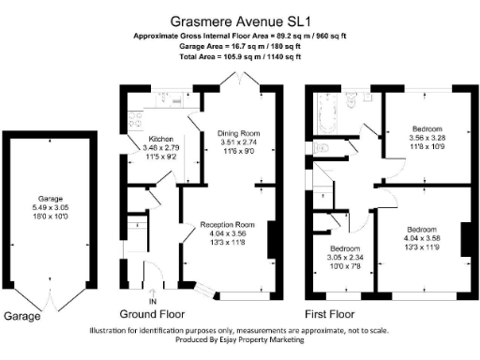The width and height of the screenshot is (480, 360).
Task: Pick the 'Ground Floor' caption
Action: tap(152, 314)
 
